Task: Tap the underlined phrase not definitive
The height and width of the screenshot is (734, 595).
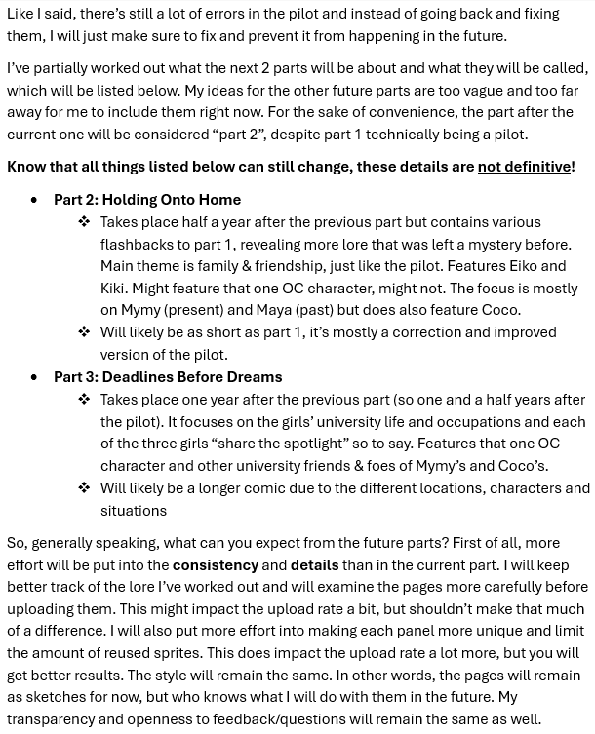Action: (x=524, y=167)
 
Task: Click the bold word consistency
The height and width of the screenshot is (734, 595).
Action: (x=216, y=564)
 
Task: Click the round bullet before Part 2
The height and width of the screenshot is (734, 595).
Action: (x=35, y=200)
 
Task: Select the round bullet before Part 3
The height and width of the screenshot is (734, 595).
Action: (x=35, y=377)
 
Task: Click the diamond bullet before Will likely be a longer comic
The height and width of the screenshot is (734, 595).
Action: (x=84, y=487)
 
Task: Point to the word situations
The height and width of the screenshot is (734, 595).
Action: (x=134, y=510)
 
